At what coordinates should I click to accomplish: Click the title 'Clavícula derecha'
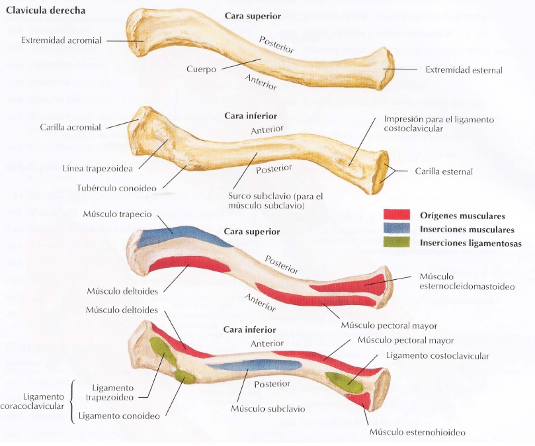(x=45, y=11)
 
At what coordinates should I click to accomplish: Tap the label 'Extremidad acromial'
(x=62, y=40)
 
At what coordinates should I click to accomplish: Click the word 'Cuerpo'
(x=202, y=68)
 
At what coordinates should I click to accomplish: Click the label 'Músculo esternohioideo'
(x=417, y=432)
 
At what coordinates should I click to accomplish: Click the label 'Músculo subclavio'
(x=268, y=408)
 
